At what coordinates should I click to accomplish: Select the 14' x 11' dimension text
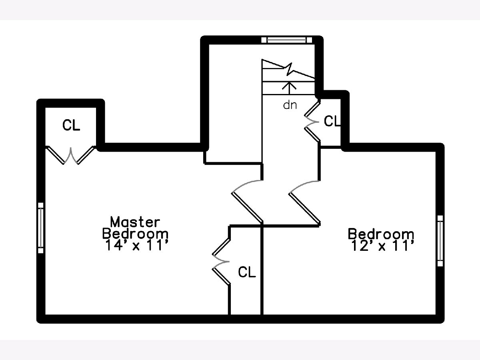click(x=135, y=245)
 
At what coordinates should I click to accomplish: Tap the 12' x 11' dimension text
click(x=381, y=246)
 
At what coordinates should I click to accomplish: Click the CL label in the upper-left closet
click(x=71, y=125)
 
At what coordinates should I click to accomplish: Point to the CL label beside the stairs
click(x=332, y=121)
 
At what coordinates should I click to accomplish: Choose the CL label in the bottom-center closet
click(x=246, y=272)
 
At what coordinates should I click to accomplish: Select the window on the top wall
click(x=287, y=39)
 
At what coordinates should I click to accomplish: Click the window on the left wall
click(x=40, y=228)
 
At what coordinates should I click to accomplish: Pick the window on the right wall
click(x=440, y=240)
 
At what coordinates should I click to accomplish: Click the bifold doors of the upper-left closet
click(x=71, y=155)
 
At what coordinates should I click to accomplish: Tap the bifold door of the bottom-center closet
click(x=221, y=262)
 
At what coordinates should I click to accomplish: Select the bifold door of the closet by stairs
click(x=312, y=120)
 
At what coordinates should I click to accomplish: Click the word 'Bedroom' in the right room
click(x=381, y=234)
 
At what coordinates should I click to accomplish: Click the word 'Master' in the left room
click(x=135, y=221)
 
